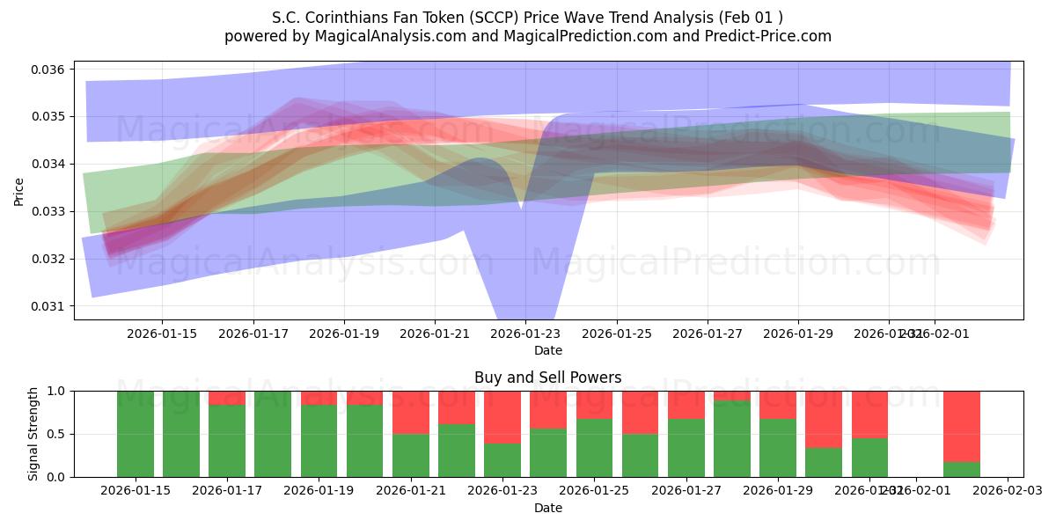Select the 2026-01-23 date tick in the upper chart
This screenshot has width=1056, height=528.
(525, 334)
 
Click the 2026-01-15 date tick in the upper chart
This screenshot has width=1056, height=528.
(161, 334)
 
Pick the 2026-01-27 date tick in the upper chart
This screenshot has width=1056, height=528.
(708, 334)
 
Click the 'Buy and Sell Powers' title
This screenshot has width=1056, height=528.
(547, 378)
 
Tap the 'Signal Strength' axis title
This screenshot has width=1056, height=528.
(34, 434)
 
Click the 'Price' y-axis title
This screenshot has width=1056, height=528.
(19, 190)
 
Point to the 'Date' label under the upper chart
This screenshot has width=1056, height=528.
(547, 350)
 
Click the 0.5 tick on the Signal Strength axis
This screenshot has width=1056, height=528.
(55, 434)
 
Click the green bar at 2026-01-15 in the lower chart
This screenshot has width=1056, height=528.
(136, 434)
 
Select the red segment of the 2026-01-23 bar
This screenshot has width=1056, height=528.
(502, 417)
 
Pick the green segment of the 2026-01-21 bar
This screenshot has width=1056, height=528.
(411, 455)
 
